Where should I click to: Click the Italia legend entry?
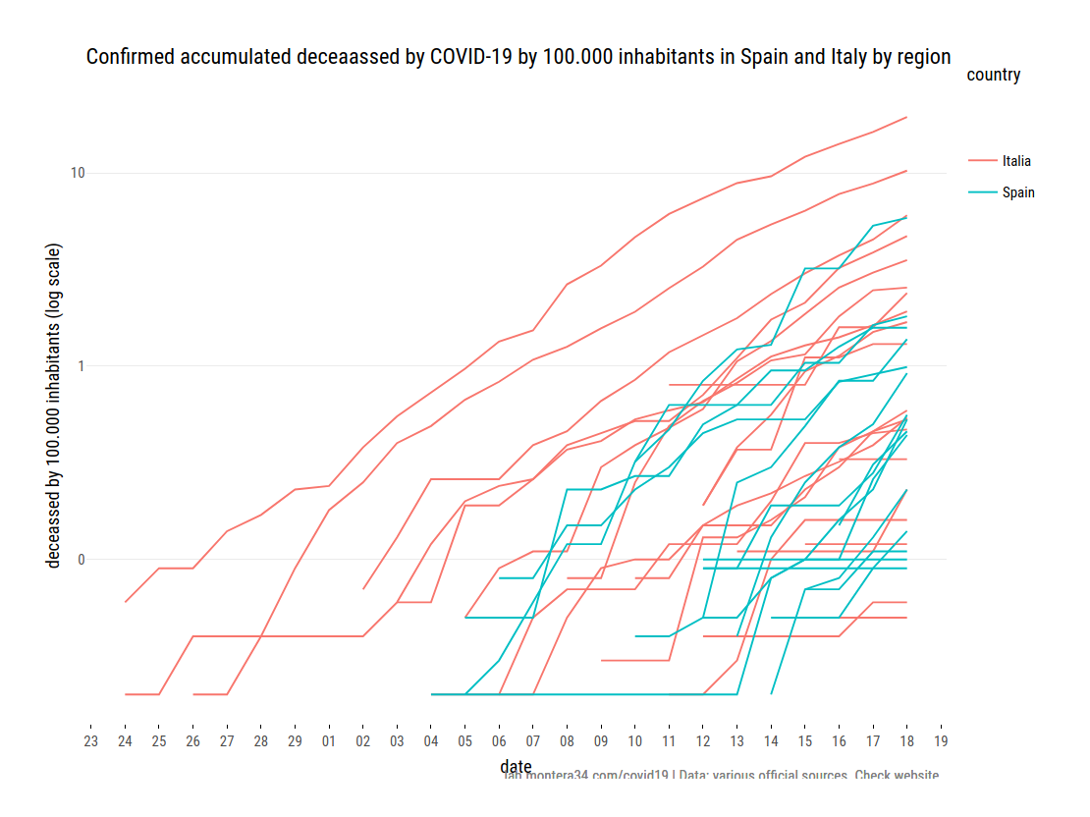pyautogui.click(x=1016, y=161)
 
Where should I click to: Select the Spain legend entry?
pyautogui.click(x=1018, y=192)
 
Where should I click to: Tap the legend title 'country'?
pyautogui.click(x=993, y=75)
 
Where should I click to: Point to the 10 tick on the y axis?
pyautogui.click(x=78, y=174)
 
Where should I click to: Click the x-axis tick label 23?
pyautogui.click(x=90, y=740)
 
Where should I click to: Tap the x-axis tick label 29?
pyautogui.click(x=295, y=740)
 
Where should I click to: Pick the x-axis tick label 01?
pyautogui.click(x=329, y=740)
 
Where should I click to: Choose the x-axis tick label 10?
pyautogui.click(x=635, y=740)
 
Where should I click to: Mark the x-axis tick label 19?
pyautogui.click(x=942, y=740)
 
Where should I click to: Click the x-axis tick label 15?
pyautogui.click(x=805, y=740)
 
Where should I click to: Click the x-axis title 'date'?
pyautogui.click(x=516, y=766)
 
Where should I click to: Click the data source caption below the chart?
pyautogui.click(x=721, y=776)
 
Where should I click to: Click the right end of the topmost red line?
pyautogui.click(x=906, y=117)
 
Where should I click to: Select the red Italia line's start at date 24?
pyautogui.click(x=125, y=601)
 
